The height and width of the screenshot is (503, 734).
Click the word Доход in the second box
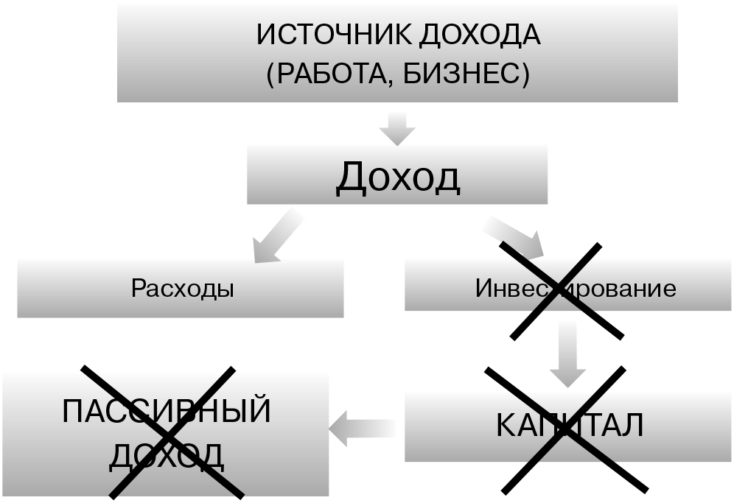(x=398, y=177)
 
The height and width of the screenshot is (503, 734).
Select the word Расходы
(x=183, y=288)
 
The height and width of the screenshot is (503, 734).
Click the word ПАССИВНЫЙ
(x=167, y=411)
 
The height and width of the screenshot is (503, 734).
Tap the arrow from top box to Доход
(x=397, y=128)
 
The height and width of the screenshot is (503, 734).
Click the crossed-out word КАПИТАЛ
(x=570, y=425)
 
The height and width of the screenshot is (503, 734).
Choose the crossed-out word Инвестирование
(x=576, y=288)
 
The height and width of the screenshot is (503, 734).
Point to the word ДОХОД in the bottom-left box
(x=167, y=456)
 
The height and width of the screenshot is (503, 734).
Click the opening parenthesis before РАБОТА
(x=270, y=75)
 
